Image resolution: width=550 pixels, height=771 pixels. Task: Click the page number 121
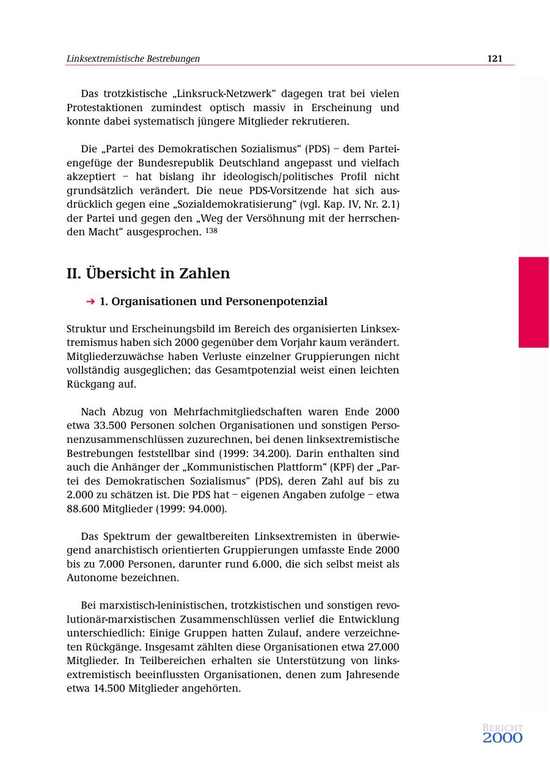coord(494,59)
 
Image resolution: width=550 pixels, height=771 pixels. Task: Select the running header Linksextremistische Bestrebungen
coord(133,59)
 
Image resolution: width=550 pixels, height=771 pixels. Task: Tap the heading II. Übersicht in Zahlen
coord(148,273)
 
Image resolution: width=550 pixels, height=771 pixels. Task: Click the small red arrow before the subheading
coord(90,302)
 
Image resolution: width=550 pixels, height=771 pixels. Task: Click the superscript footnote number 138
coord(211,231)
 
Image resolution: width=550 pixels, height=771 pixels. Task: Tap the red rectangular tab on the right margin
coord(533,302)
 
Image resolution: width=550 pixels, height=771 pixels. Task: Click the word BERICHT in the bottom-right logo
coord(502,728)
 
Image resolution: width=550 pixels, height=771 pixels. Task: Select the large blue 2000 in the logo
coord(502,738)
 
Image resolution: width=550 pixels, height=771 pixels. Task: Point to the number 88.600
coord(84,509)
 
